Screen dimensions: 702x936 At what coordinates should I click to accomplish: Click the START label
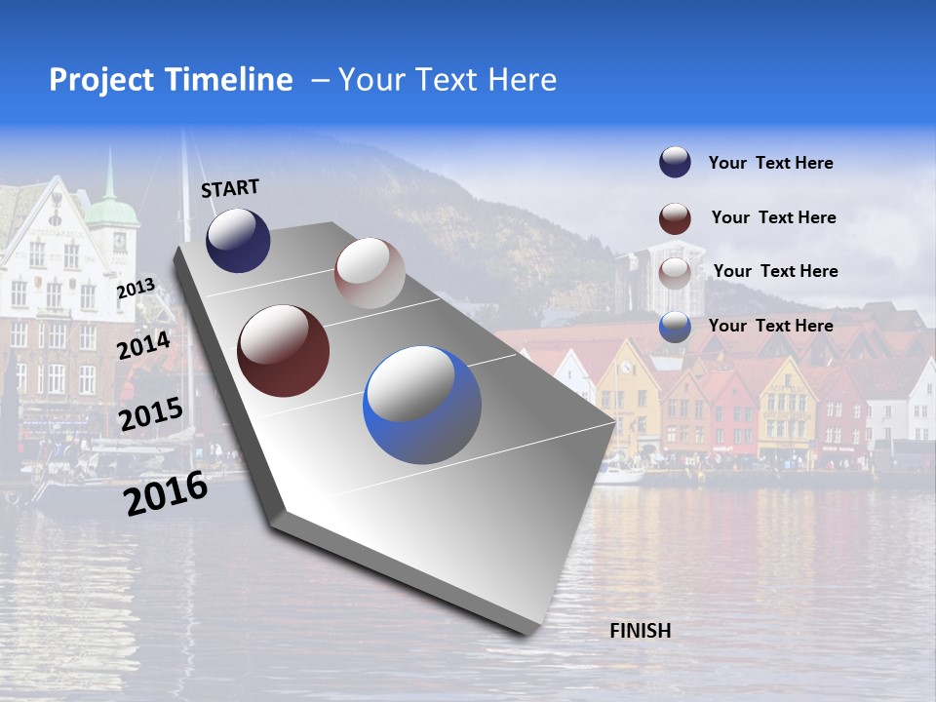pyautogui.click(x=230, y=188)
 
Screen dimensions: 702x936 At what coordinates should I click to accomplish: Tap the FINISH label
pyautogui.click(x=641, y=631)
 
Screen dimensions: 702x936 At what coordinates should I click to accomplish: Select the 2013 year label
pyautogui.click(x=136, y=289)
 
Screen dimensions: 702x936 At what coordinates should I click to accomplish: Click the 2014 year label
pyautogui.click(x=144, y=346)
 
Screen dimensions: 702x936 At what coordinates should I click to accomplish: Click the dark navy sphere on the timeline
pyautogui.click(x=238, y=240)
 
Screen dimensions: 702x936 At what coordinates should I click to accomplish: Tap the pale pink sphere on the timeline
pyautogui.click(x=370, y=273)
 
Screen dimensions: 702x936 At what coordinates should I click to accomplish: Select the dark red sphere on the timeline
pyautogui.click(x=284, y=351)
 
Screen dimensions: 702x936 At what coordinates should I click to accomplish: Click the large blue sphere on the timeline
pyautogui.click(x=422, y=405)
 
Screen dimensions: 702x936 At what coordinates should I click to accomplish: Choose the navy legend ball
pyautogui.click(x=675, y=163)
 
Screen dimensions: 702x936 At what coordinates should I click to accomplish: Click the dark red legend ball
pyautogui.click(x=675, y=217)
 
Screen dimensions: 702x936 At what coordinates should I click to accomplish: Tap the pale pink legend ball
pyautogui.click(x=675, y=272)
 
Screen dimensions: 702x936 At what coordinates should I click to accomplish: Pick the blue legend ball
pyautogui.click(x=675, y=327)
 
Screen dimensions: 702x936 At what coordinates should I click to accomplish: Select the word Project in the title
pyautogui.click(x=103, y=80)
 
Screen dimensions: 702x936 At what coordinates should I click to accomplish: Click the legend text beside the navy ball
pyautogui.click(x=770, y=163)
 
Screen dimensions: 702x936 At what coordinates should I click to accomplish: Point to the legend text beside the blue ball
pyautogui.click(x=770, y=326)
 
